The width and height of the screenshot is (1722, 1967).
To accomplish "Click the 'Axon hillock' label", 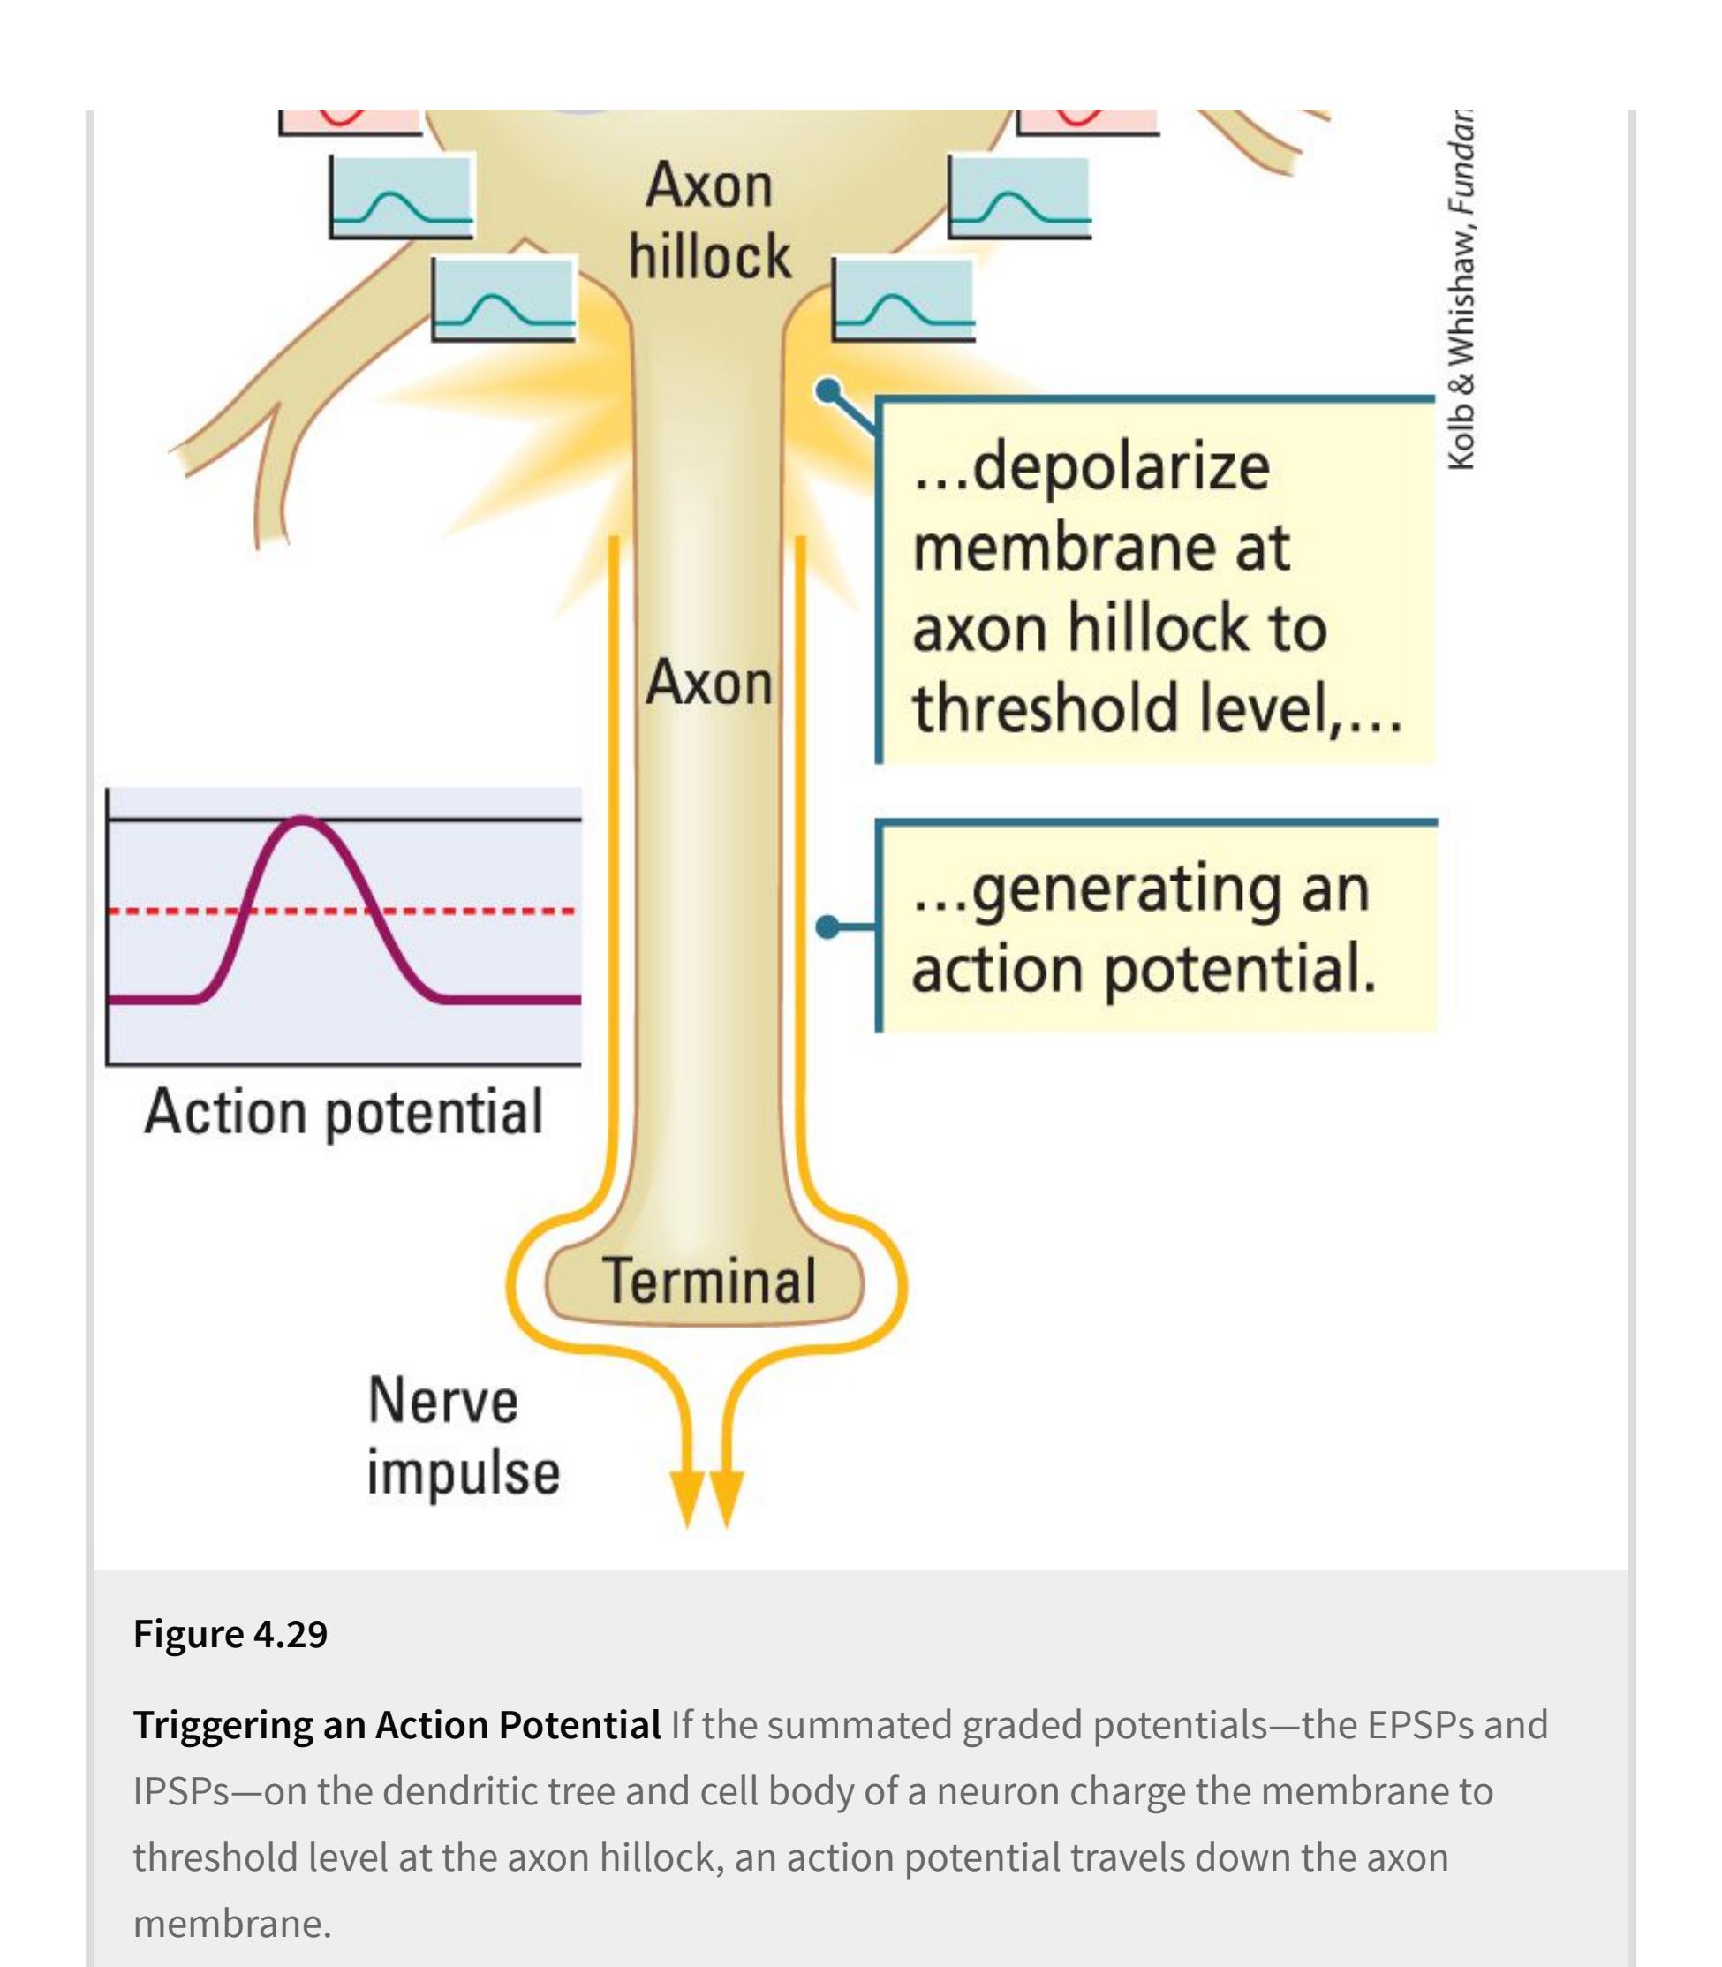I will pos(709,221).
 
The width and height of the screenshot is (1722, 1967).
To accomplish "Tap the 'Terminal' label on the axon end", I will pos(709,1281).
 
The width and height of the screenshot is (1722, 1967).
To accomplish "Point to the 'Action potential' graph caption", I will pos(343,1112).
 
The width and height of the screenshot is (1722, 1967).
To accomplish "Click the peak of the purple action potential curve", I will pos(303,820).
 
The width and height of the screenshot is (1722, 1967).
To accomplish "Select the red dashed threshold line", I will pos(480,910).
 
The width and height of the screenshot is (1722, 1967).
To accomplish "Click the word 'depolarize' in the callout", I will pos(1120,468).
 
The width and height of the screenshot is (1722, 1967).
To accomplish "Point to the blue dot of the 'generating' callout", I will pos(827,927).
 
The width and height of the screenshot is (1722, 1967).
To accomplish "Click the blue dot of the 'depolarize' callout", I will pos(827,390).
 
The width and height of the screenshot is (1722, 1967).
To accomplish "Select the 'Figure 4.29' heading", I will pos(230,1633).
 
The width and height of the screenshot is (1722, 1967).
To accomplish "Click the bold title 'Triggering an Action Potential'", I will pos(397,1725).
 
